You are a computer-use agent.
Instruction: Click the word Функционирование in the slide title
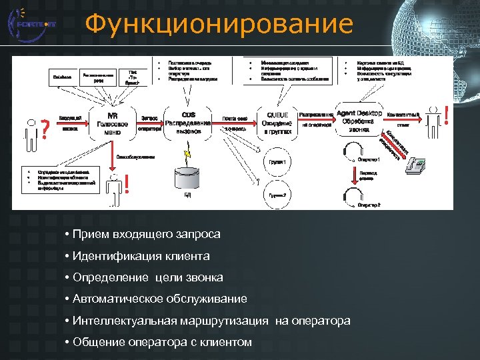219,25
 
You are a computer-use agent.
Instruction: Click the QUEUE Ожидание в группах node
277,123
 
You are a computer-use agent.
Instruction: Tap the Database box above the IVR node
63,77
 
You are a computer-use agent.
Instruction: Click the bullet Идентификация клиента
143,256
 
